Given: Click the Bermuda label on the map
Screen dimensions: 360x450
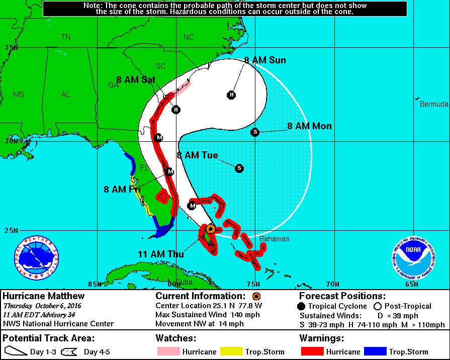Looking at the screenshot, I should click(x=434, y=104).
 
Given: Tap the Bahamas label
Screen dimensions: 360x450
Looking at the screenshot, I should click(x=274, y=239).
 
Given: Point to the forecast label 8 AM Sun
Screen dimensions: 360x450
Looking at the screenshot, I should click(x=265, y=60).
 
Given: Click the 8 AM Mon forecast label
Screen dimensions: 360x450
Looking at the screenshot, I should click(x=309, y=126).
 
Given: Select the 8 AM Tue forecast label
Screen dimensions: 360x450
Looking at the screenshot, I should click(x=197, y=155).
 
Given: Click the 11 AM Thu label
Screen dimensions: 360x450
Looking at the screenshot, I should click(x=161, y=254).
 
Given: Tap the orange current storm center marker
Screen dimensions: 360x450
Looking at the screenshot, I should click(x=211, y=229).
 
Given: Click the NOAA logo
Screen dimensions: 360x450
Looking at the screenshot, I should click(x=413, y=257).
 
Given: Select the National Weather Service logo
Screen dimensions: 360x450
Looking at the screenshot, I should click(x=36, y=257).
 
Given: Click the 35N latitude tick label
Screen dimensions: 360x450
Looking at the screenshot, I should click(x=11, y=47).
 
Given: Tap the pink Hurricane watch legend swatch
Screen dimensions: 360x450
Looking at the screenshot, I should click(x=167, y=351).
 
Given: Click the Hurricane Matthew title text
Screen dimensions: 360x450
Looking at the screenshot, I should click(x=44, y=296).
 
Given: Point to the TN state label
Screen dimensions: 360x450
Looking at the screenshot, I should click(x=65, y=37).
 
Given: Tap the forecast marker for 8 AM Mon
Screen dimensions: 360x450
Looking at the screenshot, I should click(x=255, y=132).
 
